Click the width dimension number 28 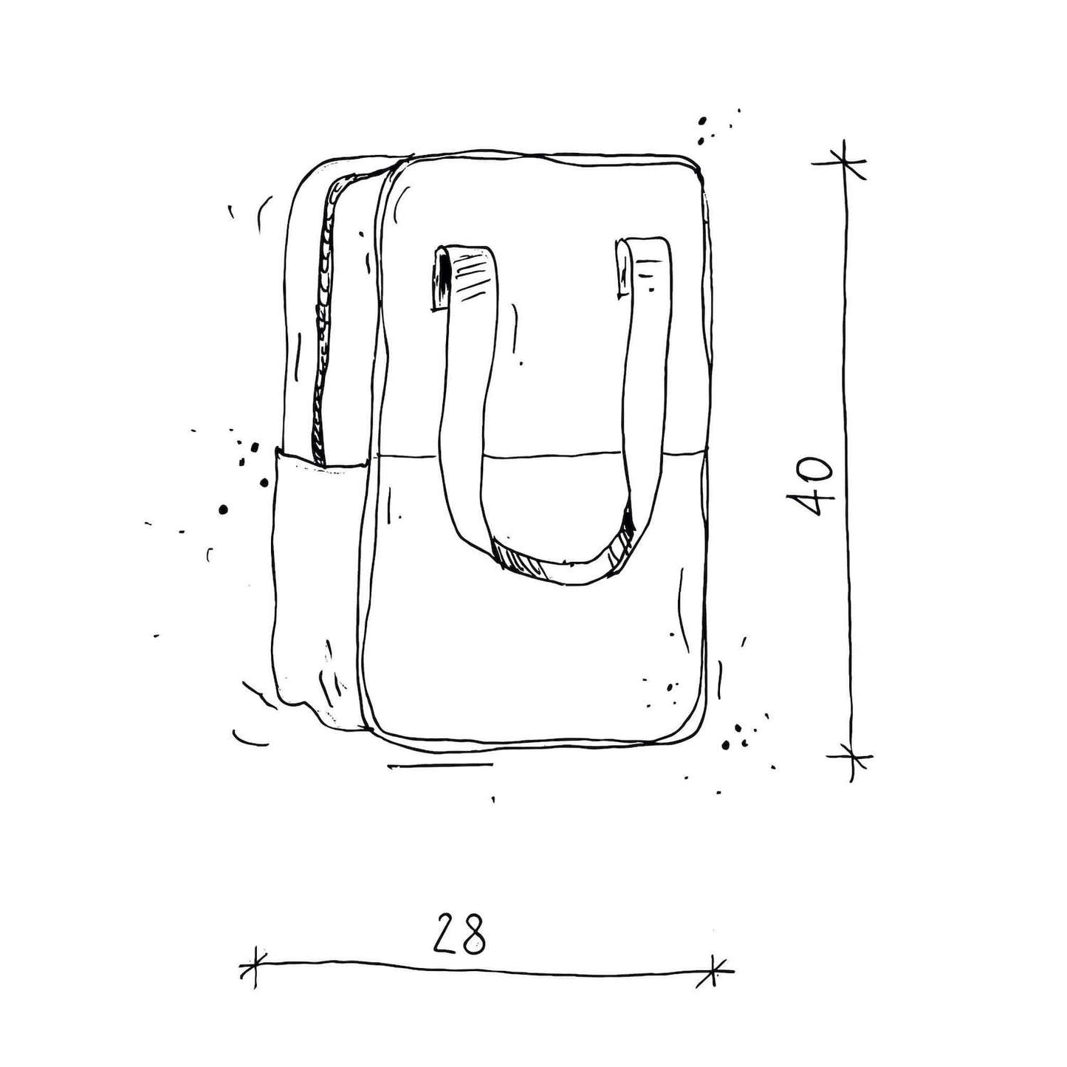click(x=459, y=936)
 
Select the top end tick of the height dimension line click(x=843, y=161)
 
